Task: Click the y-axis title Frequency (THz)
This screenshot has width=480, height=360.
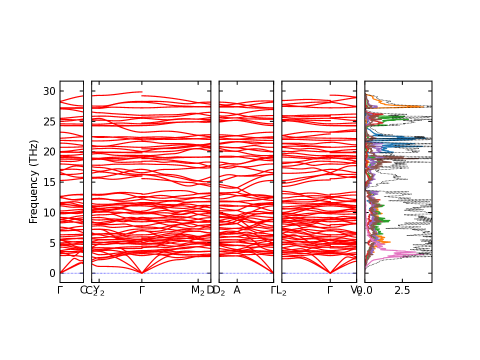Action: tap(33, 181)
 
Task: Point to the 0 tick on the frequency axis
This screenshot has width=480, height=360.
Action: tap(51, 273)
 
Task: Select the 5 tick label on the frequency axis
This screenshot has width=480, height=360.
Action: tap(51, 243)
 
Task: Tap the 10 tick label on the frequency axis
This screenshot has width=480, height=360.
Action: tap(49, 212)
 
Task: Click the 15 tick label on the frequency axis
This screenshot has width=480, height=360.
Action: tap(49, 182)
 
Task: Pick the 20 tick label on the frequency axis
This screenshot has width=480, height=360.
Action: tap(49, 151)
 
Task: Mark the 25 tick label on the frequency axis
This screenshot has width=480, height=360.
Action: tap(49, 121)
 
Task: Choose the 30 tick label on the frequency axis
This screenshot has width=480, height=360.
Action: tap(49, 91)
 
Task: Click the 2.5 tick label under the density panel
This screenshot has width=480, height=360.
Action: tap(402, 290)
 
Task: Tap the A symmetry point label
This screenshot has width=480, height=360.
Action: tap(237, 290)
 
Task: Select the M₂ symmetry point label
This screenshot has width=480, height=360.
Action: tap(198, 290)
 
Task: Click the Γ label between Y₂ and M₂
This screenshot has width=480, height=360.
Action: tap(142, 290)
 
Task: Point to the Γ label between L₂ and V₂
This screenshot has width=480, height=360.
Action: tap(330, 290)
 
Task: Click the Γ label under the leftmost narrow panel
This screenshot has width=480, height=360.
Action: tap(60, 290)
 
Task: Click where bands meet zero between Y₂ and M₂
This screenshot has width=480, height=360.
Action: tap(142, 273)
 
